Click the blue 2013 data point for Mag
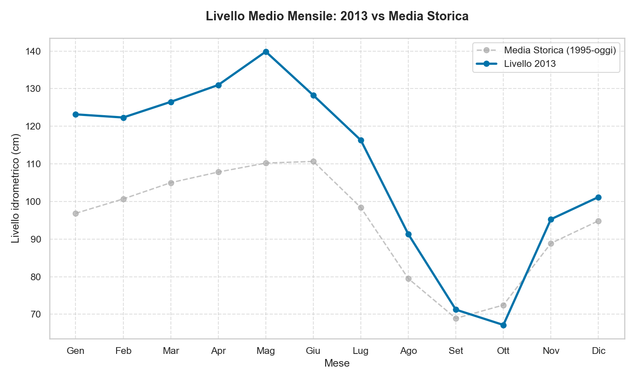266,52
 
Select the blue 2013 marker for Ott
503,325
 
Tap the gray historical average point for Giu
313,161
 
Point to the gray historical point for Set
456,318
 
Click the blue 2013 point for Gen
75,114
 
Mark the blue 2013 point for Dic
598,197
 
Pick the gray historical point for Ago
408,279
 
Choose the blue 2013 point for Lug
361,140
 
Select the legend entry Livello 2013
530,64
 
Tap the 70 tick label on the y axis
37,315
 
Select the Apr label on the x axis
218,351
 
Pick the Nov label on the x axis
551,351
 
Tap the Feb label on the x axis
123,351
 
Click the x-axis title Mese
337,363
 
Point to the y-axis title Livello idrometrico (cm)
16,188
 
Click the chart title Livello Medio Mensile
337,17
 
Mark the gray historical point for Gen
75,213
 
